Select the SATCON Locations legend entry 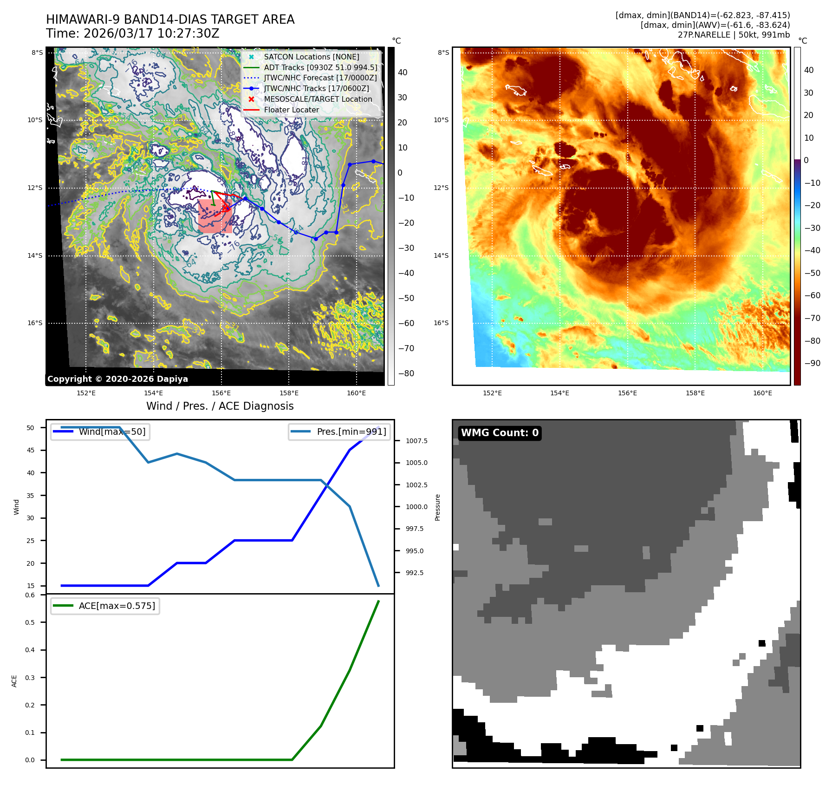point(311,57)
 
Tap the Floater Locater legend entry point(291,110)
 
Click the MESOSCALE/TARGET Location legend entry point(318,99)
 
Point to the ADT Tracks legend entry point(320,67)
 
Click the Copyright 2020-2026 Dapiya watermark point(117,379)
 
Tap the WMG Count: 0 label point(500,433)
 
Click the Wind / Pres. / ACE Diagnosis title point(220,406)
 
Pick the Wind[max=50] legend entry point(112,432)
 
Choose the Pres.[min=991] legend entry point(351,432)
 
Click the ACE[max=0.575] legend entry point(117,606)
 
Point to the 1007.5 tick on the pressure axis point(416,441)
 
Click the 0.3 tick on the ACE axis point(30,678)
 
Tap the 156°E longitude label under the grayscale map point(221,393)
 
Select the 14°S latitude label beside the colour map point(441,255)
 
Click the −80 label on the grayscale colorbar point(406,373)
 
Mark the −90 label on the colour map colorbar point(812,363)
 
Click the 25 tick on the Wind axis point(31,541)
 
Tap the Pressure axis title point(437,507)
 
